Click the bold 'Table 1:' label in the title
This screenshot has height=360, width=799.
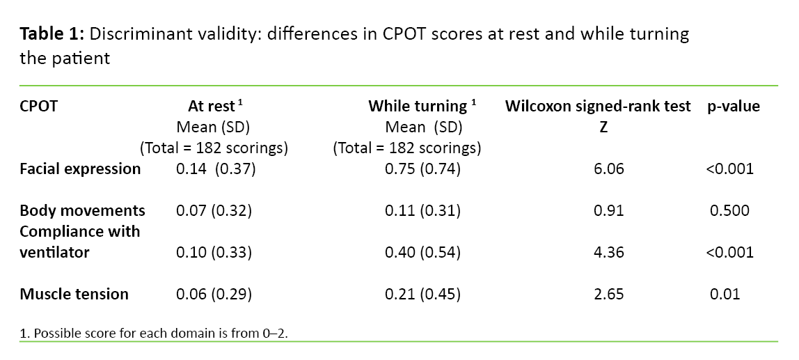(51, 34)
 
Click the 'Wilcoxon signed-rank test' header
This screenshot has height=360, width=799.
(598, 107)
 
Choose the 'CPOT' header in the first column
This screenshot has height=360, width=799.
(38, 107)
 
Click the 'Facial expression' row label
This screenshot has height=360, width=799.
(80, 169)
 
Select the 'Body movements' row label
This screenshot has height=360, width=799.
(82, 210)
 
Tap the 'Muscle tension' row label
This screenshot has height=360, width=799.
(74, 294)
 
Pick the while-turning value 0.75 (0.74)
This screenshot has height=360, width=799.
(422, 169)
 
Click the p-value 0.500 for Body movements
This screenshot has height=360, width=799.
(729, 210)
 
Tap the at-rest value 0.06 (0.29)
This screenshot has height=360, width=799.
(213, 294)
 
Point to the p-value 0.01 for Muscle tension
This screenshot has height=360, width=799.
(725, 294)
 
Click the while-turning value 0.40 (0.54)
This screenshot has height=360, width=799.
(422, 252)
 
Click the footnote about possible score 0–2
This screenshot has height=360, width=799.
(154, 333)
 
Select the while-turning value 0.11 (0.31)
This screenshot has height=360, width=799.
(422, 210)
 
